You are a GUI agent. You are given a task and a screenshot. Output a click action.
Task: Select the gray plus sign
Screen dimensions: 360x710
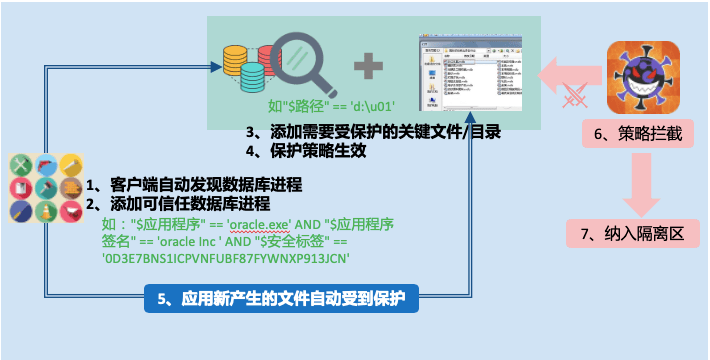tap(369, 67)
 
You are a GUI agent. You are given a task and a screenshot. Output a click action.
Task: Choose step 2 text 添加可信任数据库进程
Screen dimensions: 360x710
tap(184, 203)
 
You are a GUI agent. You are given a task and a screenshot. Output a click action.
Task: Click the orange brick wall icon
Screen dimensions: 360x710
tap(70, 188)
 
